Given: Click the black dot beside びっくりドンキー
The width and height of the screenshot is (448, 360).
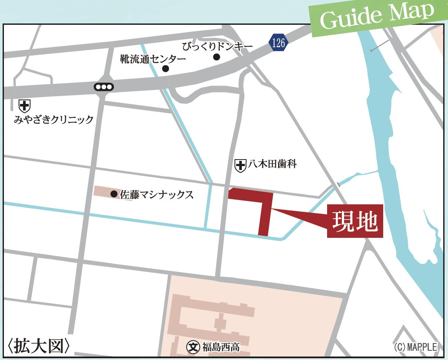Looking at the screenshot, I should (217, 57).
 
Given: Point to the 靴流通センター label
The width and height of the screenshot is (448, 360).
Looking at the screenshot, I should (153, 59).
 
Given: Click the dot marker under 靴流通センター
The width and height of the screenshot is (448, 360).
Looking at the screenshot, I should (165, 69).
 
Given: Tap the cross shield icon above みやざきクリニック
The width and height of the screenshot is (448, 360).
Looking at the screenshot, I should (24, 106).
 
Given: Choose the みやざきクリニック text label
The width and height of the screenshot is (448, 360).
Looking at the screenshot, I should (54, 119).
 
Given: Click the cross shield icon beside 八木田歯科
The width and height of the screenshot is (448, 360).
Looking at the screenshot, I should (240, 165).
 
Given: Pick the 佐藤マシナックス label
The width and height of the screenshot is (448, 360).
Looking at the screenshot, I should (157, 194).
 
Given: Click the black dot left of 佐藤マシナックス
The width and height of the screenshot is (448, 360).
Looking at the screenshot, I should (114, 194).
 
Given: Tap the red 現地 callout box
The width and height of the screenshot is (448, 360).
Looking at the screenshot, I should (355, 221).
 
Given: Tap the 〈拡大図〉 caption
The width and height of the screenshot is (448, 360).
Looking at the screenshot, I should (39, 346).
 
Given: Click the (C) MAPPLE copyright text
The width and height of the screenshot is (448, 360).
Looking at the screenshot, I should (415, 347).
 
